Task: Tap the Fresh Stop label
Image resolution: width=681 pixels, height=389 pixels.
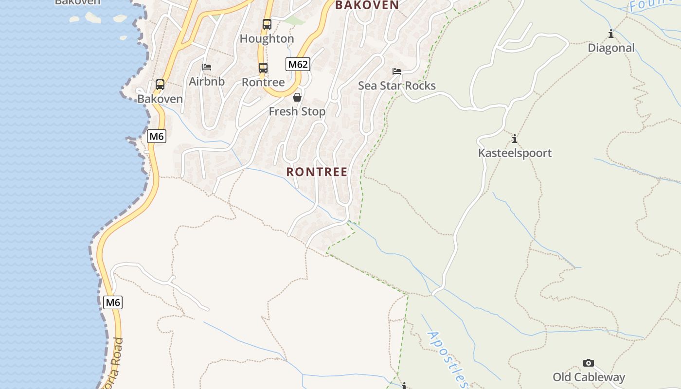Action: tap(297, 111)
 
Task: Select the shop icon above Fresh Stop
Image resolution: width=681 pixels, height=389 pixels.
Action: tap(297, 97)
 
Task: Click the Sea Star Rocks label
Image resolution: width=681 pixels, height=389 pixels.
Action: tap(397, 86)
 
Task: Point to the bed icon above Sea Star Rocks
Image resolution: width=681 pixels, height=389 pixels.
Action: tap(397, 71)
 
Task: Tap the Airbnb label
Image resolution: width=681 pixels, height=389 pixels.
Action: tap(207, 81)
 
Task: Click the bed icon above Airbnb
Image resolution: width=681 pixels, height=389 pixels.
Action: tap(207, 67)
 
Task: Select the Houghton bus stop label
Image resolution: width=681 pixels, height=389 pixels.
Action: tap(267, 38)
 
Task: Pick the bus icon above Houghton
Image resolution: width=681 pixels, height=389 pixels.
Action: tap(267, 24)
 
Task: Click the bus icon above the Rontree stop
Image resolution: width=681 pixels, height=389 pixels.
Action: tap(263, 68)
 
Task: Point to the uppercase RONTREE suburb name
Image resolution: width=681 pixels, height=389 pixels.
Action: tap(317, 172)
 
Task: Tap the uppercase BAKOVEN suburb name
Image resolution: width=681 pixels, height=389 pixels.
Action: tap(367, 5)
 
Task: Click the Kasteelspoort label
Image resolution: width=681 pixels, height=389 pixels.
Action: tap(515, 153)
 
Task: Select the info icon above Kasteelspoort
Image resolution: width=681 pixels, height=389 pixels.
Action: tap(515, 139)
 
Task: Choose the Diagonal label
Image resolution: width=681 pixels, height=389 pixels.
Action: tap(611, 48)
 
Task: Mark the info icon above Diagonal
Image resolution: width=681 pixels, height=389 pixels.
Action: tap(611, 34)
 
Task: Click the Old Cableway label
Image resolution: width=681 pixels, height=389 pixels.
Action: tap(589, 377)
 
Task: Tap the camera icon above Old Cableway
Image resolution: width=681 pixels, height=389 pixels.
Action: tap(589, 363)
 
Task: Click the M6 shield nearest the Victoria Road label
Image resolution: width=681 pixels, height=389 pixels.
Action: tap(113, 302)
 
